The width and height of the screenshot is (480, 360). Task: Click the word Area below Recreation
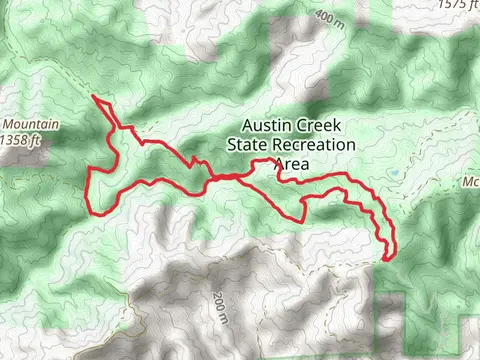point(290,164)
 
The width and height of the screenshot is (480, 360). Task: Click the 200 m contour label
point(220,308)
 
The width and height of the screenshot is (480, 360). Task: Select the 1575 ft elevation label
point(453,4)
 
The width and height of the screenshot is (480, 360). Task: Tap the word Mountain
point(32,125)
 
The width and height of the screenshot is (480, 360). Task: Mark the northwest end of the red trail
point(93,98)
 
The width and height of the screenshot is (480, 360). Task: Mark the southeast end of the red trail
point(384,258)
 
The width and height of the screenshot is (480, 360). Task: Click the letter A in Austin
point(246,128)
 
